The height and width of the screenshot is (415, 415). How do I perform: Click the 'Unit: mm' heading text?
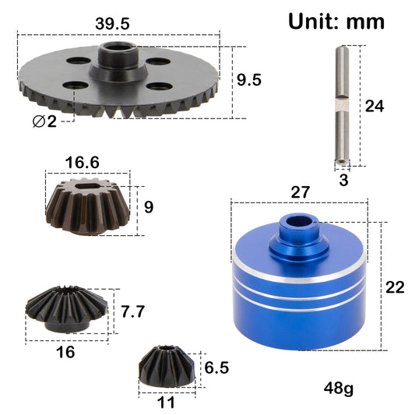click(x=336, y=21)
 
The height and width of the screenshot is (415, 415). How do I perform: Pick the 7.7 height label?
click(x=133, y=312)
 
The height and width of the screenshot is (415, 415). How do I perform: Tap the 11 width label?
click(x=166, y=403)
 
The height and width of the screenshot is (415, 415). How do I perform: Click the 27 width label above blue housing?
click(x=301, y=191)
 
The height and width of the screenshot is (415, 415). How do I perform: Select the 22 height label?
click(x=395, y=287)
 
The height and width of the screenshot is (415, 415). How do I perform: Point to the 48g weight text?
click(x=339, y=387)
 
